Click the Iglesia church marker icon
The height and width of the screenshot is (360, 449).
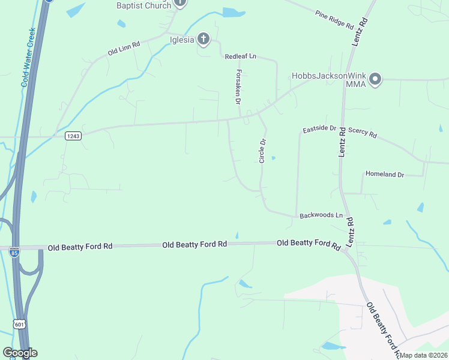203,40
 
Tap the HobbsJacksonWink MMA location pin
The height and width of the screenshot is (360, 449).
376,79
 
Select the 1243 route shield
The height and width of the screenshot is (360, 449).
73,136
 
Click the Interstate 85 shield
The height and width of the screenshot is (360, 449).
14,252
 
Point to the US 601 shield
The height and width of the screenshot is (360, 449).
20,324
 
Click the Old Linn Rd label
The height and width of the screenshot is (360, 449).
124,48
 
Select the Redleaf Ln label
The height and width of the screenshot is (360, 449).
240,56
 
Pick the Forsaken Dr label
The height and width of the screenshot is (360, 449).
238,86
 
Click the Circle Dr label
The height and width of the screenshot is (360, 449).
262,151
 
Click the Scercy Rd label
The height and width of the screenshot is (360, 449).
362,133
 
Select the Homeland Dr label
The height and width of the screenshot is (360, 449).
385,174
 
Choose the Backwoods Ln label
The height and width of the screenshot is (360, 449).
321,215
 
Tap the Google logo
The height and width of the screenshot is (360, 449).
20,353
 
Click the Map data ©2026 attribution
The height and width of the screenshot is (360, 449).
423,355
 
